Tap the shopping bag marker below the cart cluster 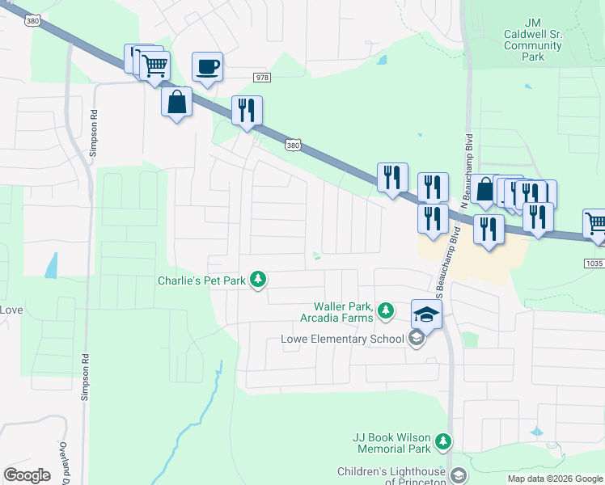coord(176,103)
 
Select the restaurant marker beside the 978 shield coord(247,111)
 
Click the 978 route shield coord(260,77)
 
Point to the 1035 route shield coord(594,263)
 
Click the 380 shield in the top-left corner coord(32,22)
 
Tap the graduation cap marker coord(426,314)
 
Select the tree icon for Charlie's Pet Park coord(258,280)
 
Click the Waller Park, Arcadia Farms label coord(343,312)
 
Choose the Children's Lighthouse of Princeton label coord(391,476)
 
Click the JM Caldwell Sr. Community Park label coord(532,46)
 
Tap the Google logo coord(27,475)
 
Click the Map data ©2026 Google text coord(554,479)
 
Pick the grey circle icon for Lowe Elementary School coord(417,339)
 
